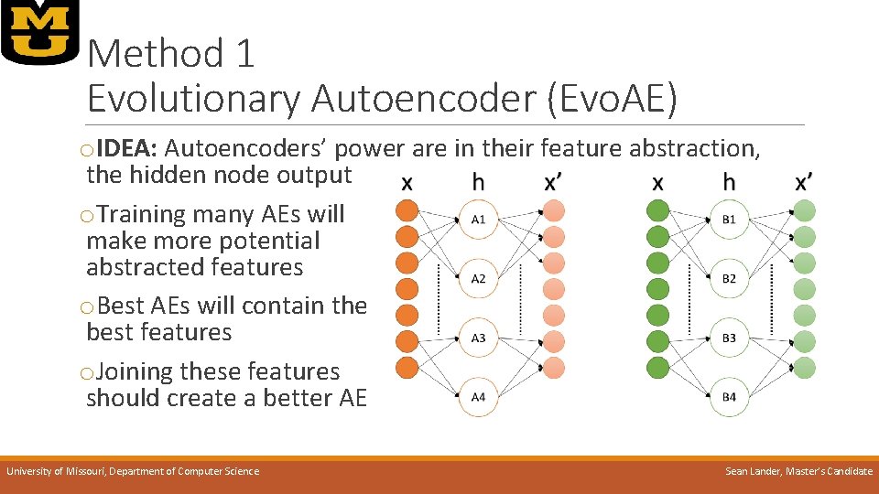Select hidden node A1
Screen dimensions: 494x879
point(478,220)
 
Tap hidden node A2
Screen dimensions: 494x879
point(478,278)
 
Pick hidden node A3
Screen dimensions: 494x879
point(478,338)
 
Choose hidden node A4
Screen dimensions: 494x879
point(478,397)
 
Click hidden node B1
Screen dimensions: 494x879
point(729,220)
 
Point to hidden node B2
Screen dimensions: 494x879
point(729,278)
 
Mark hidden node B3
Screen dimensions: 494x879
point(729,338)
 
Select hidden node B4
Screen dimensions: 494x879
point(729,397)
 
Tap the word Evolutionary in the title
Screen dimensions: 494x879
point(193,99)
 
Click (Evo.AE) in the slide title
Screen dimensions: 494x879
point(611,99)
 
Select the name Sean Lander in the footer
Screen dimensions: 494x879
point(755,471)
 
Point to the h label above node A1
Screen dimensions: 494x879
point(478,183)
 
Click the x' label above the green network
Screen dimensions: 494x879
point(804,182)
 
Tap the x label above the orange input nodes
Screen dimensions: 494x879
point(407,183)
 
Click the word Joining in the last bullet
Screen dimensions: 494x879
point(135,371)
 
